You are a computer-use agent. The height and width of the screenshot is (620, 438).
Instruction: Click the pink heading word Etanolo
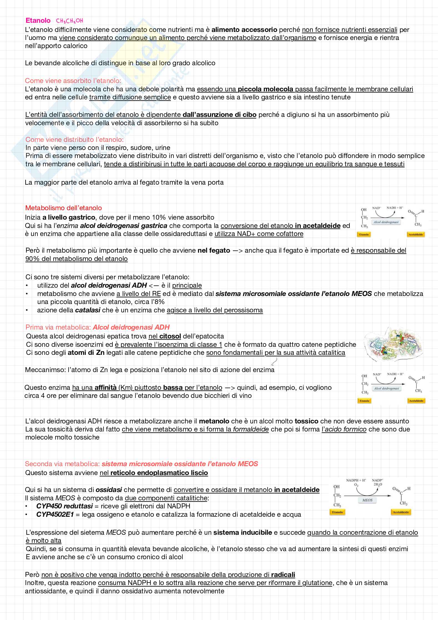coord(38,21)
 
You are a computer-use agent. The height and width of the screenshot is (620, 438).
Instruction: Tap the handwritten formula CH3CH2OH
coord(69,21)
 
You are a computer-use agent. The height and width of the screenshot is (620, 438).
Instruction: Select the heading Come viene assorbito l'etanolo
coord(73,81)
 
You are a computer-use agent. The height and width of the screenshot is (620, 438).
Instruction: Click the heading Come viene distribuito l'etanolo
coord(74,139)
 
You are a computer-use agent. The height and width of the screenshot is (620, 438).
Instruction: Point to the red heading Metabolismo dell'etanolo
coord(64,208)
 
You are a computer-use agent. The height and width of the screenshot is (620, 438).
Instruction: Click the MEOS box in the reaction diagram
coord(367,500)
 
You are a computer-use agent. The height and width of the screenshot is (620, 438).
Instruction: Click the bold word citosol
coord(170,336)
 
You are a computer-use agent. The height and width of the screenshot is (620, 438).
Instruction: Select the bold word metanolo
coord(214,421)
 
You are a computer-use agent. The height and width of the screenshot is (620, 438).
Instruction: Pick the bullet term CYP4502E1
coord(55,514)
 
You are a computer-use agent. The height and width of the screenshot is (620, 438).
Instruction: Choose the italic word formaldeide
coord(251,429)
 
